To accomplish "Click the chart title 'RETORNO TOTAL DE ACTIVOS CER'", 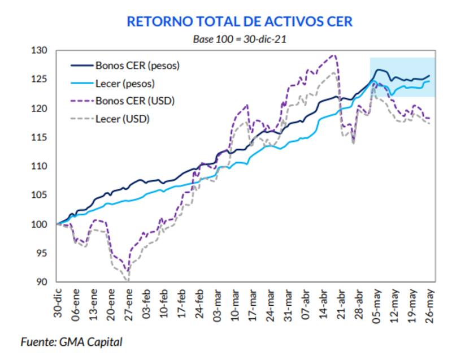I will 240,21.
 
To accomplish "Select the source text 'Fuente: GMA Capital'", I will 71,342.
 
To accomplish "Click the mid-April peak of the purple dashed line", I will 333,55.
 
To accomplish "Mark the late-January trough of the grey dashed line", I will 128,280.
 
